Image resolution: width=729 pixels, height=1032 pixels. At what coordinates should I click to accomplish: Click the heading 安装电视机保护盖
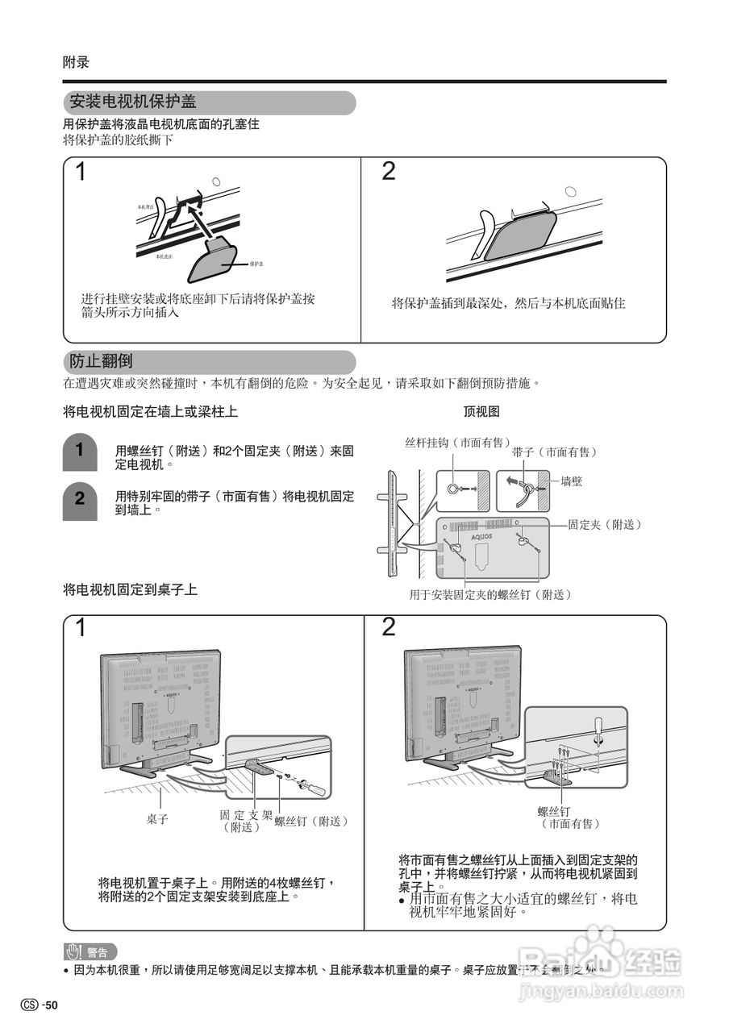(x=134, y=103)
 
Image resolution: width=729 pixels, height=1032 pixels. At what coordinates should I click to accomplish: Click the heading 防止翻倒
(x=101, y=361)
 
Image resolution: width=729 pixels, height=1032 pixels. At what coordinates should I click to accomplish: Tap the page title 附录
(x=76, y=62)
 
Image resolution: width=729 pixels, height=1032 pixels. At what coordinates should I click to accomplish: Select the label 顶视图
(x=481, y=411)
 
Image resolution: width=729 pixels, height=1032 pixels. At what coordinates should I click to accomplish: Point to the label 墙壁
(x=572, y=481)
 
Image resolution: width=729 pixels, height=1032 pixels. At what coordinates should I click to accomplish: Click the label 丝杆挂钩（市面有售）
(x=457, y=443)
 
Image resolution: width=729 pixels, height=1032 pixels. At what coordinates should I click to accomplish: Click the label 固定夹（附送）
(x=605, y=525)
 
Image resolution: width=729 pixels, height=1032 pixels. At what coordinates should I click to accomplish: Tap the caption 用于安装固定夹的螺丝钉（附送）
(x=490, y=595)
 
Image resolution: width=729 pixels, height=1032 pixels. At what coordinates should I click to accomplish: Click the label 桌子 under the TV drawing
(x=157, y=819)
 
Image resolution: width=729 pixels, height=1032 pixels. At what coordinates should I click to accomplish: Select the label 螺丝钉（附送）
(x=311, y=822)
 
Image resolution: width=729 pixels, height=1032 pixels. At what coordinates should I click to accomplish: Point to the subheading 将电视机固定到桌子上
(x=130, y=590)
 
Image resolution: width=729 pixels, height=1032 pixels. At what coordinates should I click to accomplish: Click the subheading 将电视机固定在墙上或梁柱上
(x=150, y=412)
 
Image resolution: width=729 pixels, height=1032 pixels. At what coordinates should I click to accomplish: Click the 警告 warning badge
(x=91, y=951)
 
